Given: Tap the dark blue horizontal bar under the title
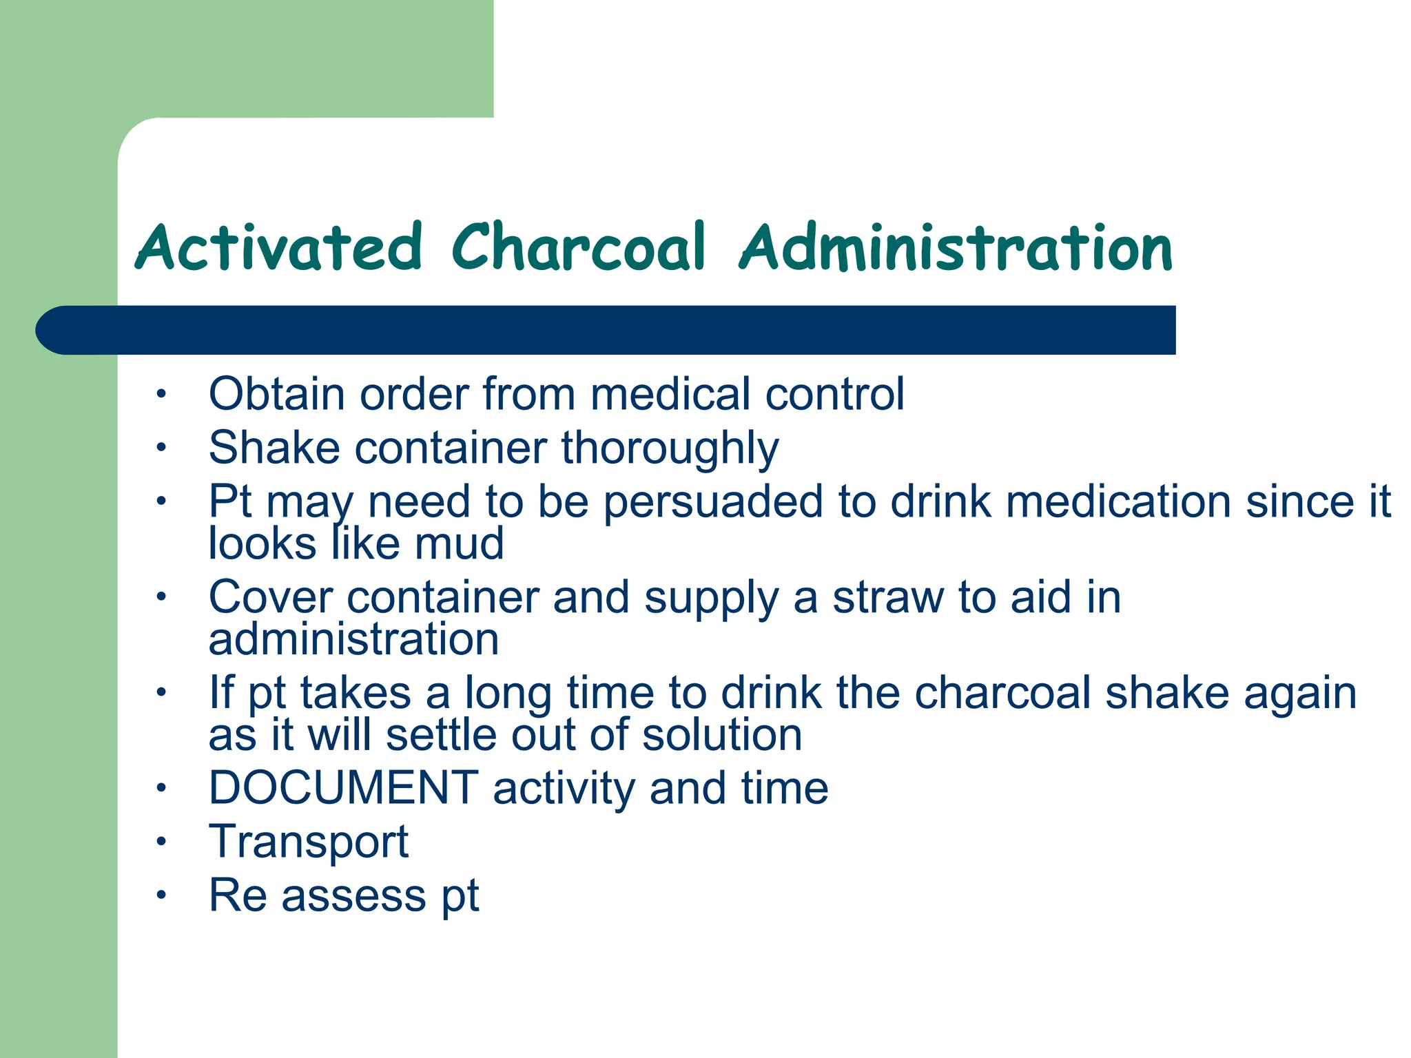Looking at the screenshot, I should coord(606,330).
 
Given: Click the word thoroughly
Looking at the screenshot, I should coord(670,448).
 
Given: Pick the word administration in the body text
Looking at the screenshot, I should coord(353,639).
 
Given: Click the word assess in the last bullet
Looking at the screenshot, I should coord(353,895).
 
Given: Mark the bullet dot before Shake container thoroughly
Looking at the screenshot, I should coord(161,448).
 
